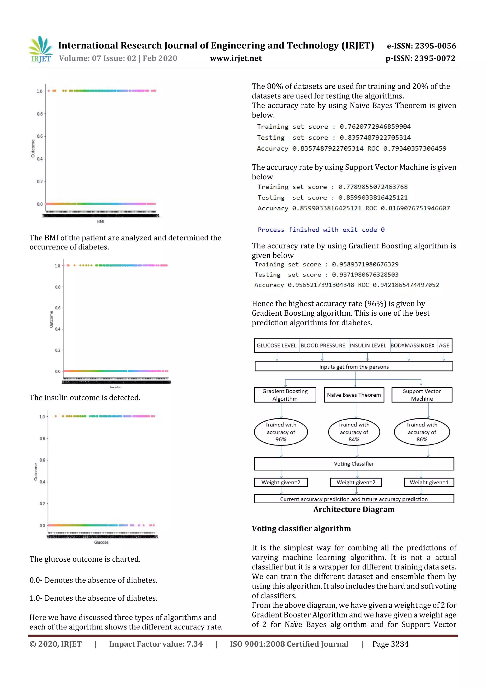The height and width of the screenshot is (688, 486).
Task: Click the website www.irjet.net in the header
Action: click(x=236, y=58)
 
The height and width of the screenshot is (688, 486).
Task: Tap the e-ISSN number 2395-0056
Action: click(x=435, y=46)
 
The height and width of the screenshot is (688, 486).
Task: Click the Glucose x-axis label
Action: click(x=101, y=542)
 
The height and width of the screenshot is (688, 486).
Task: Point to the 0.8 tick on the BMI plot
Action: click(x=40, y=114)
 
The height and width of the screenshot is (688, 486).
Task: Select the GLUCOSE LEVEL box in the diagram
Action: click(x=276, y=346)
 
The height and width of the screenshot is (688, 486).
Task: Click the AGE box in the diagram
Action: click(x=444, y=346)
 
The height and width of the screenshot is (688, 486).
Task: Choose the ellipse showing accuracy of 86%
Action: click(x=422, y=432)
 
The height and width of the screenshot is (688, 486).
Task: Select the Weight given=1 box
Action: click(x=429, y=482)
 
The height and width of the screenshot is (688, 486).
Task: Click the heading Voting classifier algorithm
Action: click(x=301, y=529)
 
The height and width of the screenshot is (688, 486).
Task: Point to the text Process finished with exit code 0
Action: click(x=321, y=230)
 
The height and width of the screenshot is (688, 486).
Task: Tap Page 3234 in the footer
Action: click(x=390, y=644)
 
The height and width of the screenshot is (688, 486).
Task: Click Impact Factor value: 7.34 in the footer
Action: click(x=156, y=644)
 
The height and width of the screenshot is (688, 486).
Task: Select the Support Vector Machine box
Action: click(x=422, y=395)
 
